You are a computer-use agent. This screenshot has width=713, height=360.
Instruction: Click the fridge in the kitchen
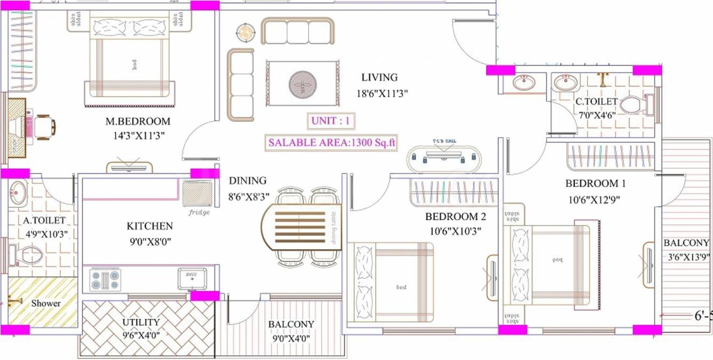pyautogui.click(x=197, y=194)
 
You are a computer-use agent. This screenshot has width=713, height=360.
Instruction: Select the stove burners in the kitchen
pyautogui.click(x=105, y=279)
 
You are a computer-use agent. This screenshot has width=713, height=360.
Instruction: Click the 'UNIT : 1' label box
pyautogui.click(x=331, y=121)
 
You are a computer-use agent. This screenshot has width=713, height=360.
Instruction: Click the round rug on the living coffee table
pyautogui.click(x=302, y=84)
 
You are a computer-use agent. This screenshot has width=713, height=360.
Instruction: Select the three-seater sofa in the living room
pyautogui.click(x=297, y=31)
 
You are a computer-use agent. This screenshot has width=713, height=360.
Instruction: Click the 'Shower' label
pyautogui.click(x=46, y=303)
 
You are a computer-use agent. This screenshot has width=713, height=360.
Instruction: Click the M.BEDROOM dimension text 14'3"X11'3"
pyautogui.click(x=138, y=135)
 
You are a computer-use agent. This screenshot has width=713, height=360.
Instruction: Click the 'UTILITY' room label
pyautogui.click(x=141, y=323)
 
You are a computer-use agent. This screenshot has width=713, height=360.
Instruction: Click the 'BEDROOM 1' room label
pyautogui.click(x=596, y=184)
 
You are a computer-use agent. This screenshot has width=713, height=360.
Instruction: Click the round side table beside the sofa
pyautogui.click(x=245, y=33)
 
